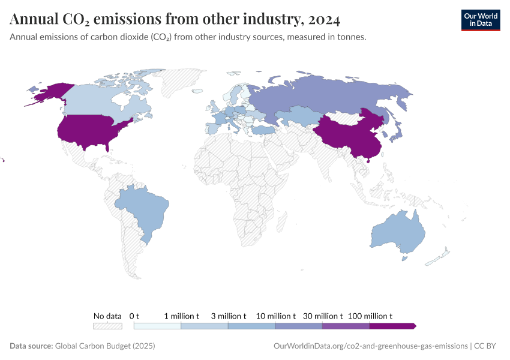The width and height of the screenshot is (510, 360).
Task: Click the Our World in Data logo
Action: coord(480,20)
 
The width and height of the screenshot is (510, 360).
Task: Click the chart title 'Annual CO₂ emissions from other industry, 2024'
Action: coord(175,20)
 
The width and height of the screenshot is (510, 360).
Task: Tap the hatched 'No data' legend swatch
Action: coord(107,326)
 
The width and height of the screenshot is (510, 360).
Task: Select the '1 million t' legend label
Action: coord(181,316)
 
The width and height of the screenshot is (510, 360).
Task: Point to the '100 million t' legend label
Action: coord(370,316)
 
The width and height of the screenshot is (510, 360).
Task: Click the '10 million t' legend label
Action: coord(275,316)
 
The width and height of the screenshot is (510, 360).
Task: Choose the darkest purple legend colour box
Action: coord(392,326)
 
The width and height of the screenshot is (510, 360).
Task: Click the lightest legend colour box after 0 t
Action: coord(157,326)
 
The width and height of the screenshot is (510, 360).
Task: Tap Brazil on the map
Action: coord(144,210)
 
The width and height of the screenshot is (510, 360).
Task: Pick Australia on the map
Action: coord(397,234)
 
